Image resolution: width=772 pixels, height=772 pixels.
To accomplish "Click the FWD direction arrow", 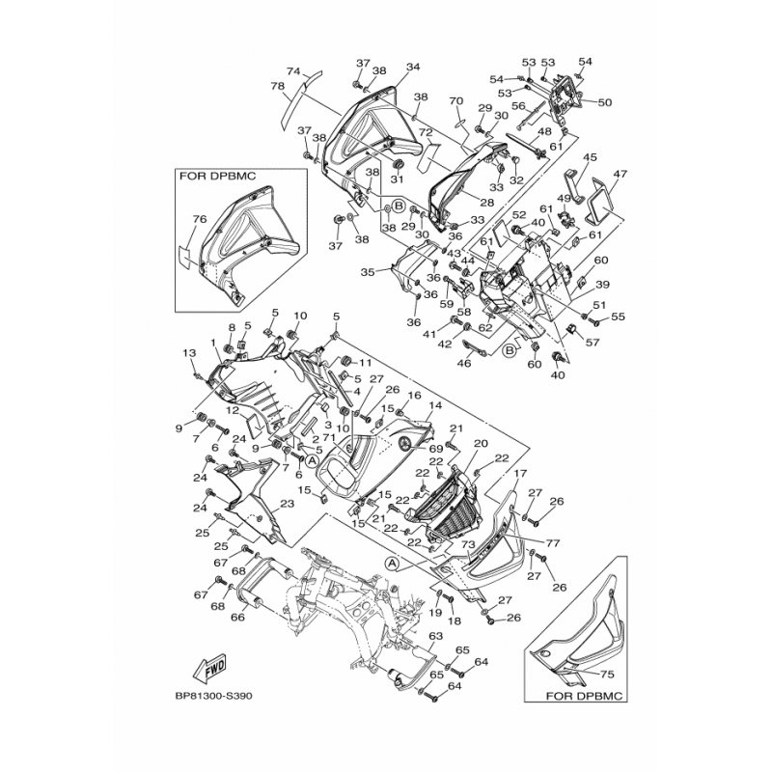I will (211, 668).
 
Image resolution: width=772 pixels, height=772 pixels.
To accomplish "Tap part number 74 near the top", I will (293, 70).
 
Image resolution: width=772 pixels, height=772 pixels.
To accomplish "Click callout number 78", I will (277, 88).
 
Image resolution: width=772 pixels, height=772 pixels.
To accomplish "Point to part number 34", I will (413, 67).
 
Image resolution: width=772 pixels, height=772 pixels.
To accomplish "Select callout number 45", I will (591, 156).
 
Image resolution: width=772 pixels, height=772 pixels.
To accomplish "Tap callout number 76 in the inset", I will (200, 220).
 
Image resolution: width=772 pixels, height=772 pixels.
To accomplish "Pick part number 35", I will (367, 273).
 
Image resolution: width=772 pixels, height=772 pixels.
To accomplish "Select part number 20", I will (482, 443).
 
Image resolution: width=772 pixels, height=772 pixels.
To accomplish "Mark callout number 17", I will (519, 474).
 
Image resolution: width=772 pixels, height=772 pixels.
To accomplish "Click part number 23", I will (286, 504).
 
